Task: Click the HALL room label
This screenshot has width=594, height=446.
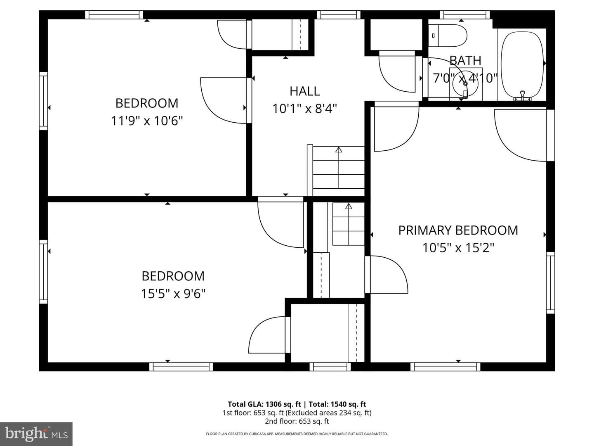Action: pos(304,91)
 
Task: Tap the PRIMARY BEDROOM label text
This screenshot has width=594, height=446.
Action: pos(458,230)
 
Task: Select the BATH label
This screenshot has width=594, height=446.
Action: pos(465,60)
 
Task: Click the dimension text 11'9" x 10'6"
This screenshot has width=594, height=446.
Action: pos(147,121)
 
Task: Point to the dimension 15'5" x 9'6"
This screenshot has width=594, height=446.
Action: pos(173,294)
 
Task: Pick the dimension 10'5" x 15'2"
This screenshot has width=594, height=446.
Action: pos(458,247)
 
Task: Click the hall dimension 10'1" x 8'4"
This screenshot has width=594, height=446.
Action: pos(304,109)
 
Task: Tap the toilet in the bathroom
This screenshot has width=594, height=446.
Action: pos(448,36)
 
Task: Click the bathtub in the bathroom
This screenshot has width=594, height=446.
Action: pos(522,64)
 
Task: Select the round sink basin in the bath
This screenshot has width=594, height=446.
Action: pos(465,84)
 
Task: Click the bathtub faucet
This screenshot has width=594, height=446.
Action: pos(522,95)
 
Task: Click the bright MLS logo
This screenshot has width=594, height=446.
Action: pos(36,434)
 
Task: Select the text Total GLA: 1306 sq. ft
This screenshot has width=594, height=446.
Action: pos(264,404)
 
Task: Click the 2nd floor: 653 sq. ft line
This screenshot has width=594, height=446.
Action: pos(297,421)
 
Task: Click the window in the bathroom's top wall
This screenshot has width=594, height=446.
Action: pos(464,14)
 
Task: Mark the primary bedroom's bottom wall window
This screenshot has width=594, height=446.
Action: pos(445,367)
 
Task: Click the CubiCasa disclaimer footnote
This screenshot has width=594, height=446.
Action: pos(297,434)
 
